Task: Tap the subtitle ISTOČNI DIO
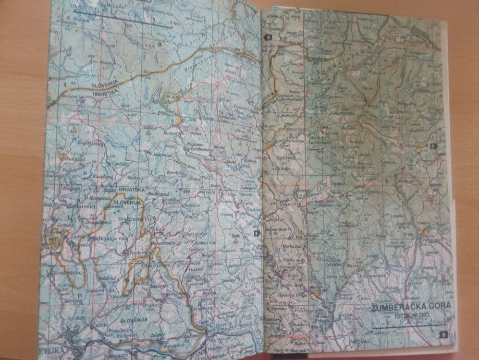(411, 317)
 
